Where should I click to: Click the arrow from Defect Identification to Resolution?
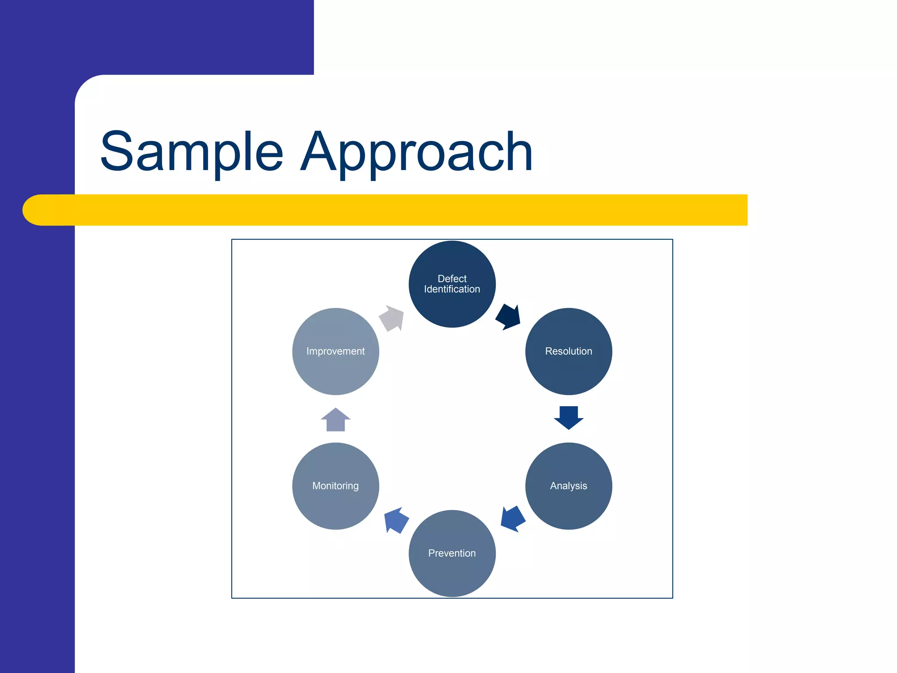pyautogui.click(x=509, y=317)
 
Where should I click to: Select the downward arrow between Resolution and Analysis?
pyautogui.click(x=569, y=417)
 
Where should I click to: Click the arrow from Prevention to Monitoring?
pyautogui.click(x=396, y=520)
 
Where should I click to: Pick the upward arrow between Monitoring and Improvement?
pyautogui.click(x=335, y=420)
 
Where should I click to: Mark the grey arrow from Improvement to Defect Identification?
pyautogui.click(x=392, y=318)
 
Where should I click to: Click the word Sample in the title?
pyautogui.click(x=192, y=152)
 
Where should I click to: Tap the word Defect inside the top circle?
pyautogui.click(x=452, y=279)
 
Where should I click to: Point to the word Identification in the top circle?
pyautogui.click(x=452, y=289)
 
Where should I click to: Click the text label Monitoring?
pyautogui.click(x=335, y=486)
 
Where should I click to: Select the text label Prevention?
pyautogui.click(x=452, y=553)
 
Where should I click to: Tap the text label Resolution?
pyautogui.click(x=569, y=351)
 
